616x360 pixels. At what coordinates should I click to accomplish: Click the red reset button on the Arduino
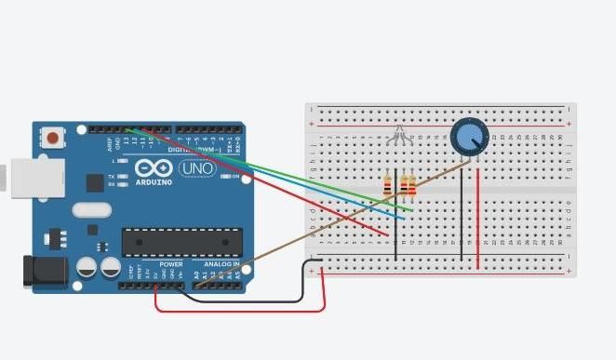53,139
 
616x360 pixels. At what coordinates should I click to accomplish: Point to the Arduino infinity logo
153,168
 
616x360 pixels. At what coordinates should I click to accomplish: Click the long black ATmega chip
181,242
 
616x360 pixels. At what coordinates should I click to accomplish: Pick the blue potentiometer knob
468,139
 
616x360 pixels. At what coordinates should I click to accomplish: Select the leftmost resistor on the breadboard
388,185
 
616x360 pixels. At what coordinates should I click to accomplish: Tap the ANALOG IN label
221,264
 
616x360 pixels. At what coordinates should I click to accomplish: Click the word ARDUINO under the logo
154,182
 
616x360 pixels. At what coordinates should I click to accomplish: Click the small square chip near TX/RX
94,182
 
